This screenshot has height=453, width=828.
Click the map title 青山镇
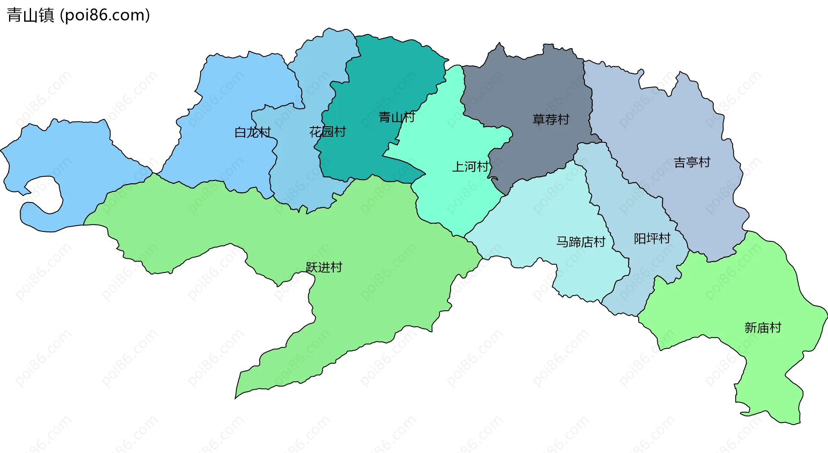click(30, 15)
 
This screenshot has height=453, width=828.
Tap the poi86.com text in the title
click(105, 15)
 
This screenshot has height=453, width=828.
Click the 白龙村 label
click(253, 132)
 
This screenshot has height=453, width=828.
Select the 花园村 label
click(327, 132)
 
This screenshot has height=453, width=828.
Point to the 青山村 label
click(396, 117)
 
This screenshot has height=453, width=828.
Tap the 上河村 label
click(470, 167)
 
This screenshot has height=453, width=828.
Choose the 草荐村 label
click(551, 119)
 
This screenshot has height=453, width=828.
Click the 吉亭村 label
click(692, 162)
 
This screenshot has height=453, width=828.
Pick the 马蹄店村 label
click(580, 242)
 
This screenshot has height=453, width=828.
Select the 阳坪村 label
click(652, 238)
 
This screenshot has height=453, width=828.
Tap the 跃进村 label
click(323, 267)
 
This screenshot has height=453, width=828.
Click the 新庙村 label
click(762, 328)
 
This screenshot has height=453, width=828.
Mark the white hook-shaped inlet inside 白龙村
click(43, 196)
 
